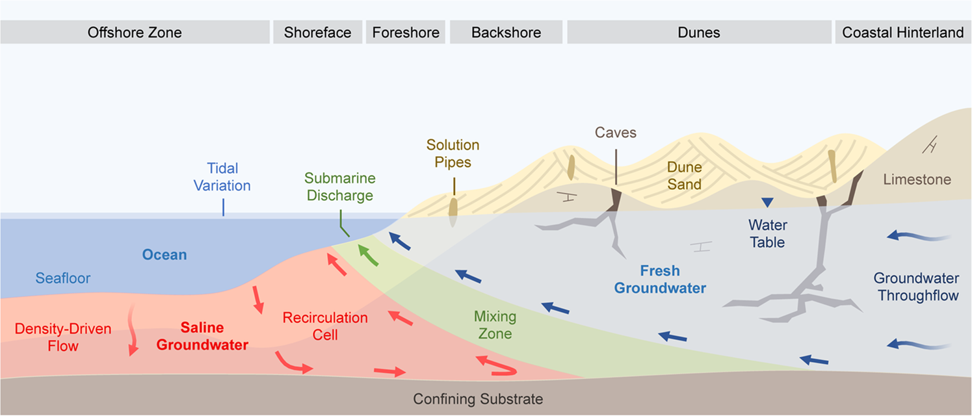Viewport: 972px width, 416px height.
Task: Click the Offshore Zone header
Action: click(x=135, y=32)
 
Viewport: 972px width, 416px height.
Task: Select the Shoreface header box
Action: click(x=317, y=32)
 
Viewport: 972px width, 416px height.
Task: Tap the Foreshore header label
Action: click(x=406, y=32)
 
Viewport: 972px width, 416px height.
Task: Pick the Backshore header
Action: click(x=506, y=32)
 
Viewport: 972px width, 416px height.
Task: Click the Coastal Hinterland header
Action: click(x=902, y=32)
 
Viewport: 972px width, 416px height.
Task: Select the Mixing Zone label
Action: click(x=495, y=325)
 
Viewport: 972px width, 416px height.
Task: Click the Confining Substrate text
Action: click(x=478, y=398)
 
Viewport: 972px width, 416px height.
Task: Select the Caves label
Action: click(x=615, y=133)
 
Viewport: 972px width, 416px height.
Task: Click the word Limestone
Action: click(x=917, y=179)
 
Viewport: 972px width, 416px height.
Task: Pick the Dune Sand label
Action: click(x=684, y=175)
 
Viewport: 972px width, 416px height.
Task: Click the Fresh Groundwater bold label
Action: click(x=660, y=279)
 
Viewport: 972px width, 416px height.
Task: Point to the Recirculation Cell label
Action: click(x=325, y=326)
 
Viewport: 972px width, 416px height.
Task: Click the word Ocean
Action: click(x=164, y=254)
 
